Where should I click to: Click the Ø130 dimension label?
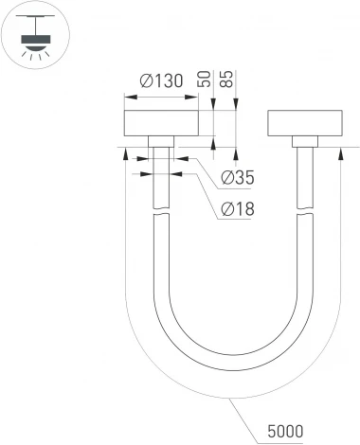(x=160, y=82)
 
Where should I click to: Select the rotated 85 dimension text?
(x=227, y=80)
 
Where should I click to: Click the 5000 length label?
(x=283, y=432)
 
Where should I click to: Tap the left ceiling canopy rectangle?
(x=160, y=125)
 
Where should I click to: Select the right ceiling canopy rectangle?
(x=303, y=125)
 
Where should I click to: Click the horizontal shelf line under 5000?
(x=283, y=441)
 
